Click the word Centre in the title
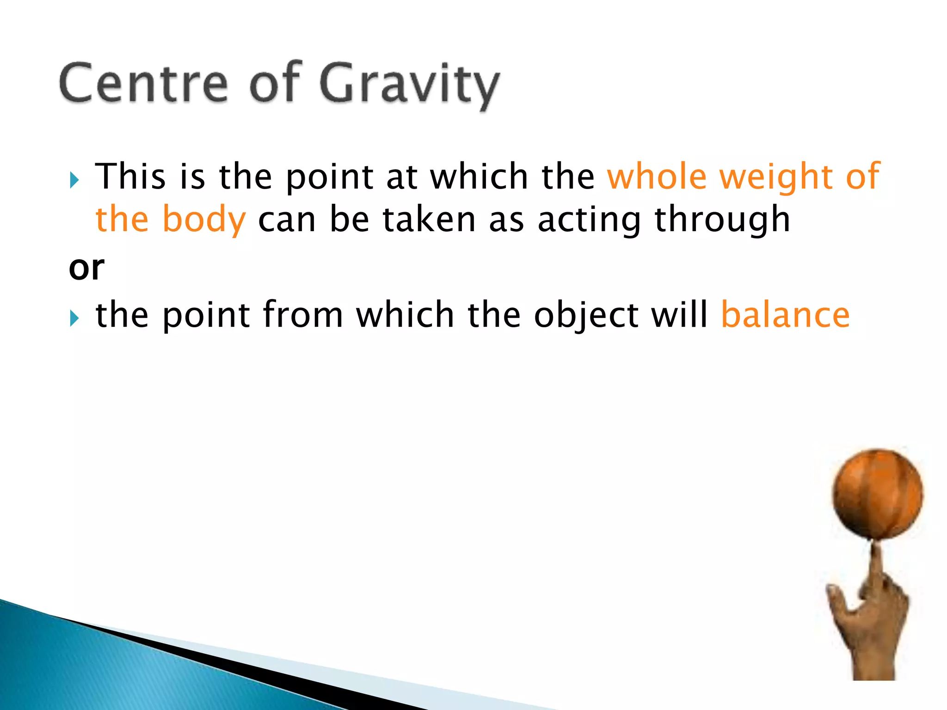click(143, 83)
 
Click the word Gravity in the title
click(409, 86)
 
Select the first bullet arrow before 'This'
click(74, 180)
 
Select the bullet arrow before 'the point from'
click(74, 318)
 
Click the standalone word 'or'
click(86, 268)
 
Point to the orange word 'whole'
click(657, 177)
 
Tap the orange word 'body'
click(204, 220)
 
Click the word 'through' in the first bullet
click(722, 220)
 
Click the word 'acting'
click(589, 221)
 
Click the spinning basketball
click(877, 494)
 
